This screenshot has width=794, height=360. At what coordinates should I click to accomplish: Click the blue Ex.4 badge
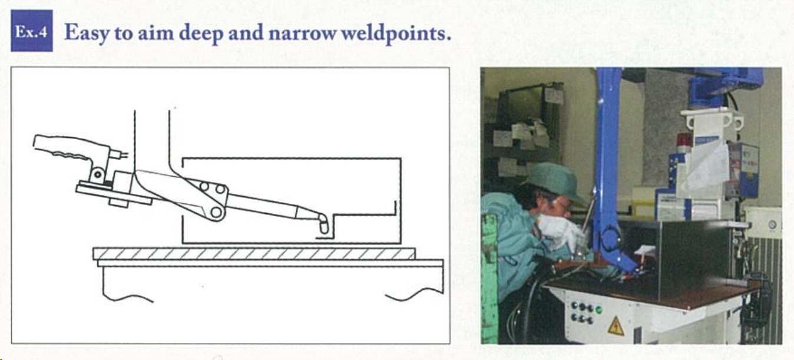point(32,31)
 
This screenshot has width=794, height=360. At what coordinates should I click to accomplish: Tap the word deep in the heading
point(201,34)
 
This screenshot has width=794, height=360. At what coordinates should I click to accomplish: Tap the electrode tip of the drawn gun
point(323,227)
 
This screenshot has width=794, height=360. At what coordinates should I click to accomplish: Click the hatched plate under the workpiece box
point(254,254)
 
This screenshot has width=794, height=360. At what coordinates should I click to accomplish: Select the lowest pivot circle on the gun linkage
point(216,212)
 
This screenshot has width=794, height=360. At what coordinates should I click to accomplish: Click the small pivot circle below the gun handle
point(97,174)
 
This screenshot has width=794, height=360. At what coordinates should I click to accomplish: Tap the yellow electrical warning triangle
point(616,326)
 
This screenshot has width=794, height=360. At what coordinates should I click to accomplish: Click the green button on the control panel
point(598,310)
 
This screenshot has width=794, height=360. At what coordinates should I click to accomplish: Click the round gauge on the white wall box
point(772,224)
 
